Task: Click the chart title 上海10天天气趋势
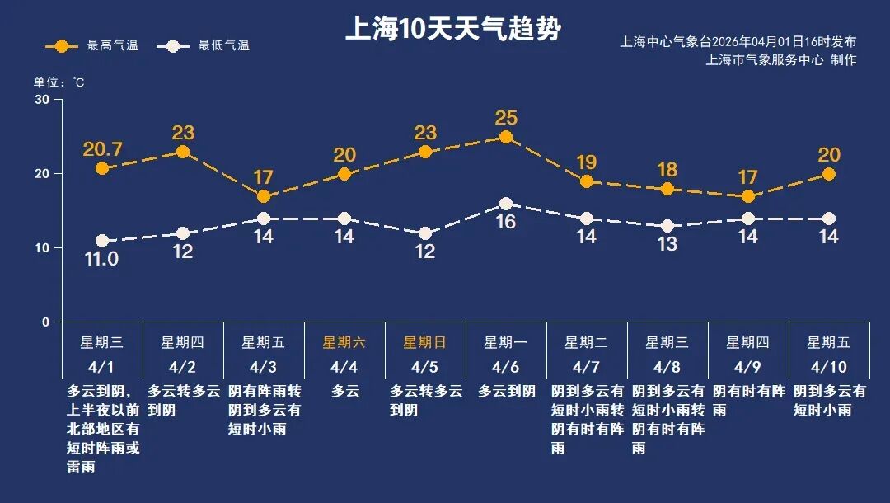point(452,30)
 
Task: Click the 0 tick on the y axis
point(45,322)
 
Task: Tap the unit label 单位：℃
point(59,82)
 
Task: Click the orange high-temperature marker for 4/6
point(506,137)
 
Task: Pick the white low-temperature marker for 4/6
point(506,204)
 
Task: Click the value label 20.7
point(102,149)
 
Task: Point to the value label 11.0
point(102,259)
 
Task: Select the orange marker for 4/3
point(264,196)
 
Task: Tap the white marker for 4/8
point(667,226)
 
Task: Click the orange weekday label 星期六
point(344,342)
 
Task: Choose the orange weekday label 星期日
point(424,342)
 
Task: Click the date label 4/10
point(828,366)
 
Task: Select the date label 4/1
point(101,366)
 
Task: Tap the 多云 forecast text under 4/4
point(345,392)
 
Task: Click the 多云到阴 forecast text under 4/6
point(506,392)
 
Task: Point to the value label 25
point(506,118)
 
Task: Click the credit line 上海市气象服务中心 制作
point(780,60)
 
